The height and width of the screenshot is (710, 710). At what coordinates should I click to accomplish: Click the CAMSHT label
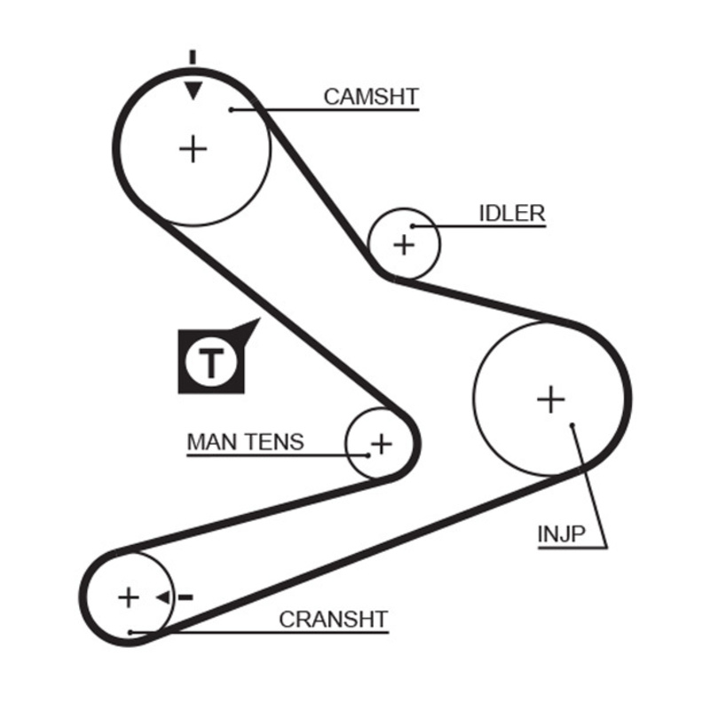[x=370, y=96]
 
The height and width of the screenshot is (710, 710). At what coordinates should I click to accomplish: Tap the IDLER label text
[x=512, y=213]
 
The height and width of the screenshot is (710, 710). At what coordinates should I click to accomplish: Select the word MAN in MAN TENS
[x=209, y=441]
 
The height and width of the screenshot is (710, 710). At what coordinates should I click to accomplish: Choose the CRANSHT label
[x=334, y=619]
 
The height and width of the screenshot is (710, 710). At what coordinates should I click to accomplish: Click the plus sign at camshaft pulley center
[x=193, y=148]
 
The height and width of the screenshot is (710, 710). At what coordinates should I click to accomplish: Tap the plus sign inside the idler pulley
[x=404, y=244]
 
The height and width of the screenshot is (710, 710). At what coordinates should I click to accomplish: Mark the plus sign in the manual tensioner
[x=381, y=443]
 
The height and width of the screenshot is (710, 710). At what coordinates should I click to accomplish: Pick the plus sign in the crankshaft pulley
[x=129, y=597]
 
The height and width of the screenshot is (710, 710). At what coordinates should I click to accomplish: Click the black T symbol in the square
[x=210, y=362]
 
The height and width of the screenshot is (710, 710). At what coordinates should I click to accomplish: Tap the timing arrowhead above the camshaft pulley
[x=193, y=90]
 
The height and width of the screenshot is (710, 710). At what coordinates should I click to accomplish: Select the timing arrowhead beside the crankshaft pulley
[x=163, y=597]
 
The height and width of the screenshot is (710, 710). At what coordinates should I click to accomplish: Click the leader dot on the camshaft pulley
[x=231, y=109]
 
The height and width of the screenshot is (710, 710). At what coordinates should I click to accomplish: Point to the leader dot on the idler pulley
[x=413, y=226]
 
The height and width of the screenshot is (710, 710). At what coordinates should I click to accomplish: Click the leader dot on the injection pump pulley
[x=573, y=425]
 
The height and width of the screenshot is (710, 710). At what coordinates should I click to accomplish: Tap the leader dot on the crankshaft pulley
[x=130, y=632]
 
